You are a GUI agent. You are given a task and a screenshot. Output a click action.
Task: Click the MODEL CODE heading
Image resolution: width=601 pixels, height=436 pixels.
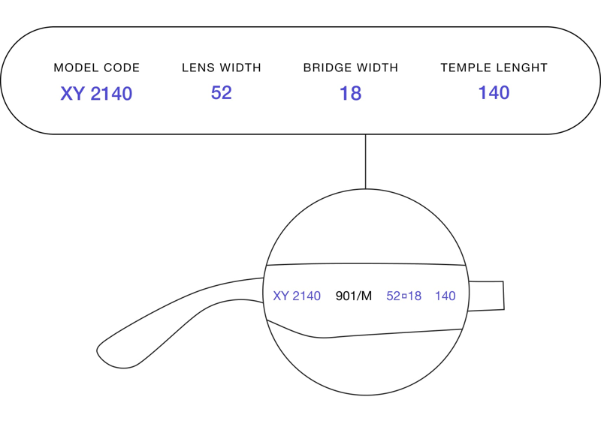tap(97, 68)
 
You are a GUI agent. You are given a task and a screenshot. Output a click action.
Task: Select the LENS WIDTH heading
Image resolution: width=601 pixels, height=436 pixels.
tap(222, 68)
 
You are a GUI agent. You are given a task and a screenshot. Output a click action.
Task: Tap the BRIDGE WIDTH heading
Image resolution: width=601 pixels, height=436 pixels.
tap(351, 68)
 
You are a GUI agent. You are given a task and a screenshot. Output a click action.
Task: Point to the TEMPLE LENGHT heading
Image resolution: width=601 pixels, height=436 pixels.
tap(494, 68)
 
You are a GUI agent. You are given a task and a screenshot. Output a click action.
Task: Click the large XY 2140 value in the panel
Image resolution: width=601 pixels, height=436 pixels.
tap(96, 93)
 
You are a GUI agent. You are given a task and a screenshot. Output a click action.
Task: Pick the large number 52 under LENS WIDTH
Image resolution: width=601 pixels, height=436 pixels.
tap(222, 92)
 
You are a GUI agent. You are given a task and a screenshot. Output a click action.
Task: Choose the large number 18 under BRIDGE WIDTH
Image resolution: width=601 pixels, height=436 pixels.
tap(351, 93)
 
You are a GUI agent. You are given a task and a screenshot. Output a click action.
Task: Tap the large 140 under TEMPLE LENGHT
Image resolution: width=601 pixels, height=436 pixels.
tap(494, 92)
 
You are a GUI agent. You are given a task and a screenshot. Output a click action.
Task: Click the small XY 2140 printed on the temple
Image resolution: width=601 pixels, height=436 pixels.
tap(297, 296)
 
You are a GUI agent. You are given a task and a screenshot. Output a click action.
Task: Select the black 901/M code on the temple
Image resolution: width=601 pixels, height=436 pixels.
tap(353, 296)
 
